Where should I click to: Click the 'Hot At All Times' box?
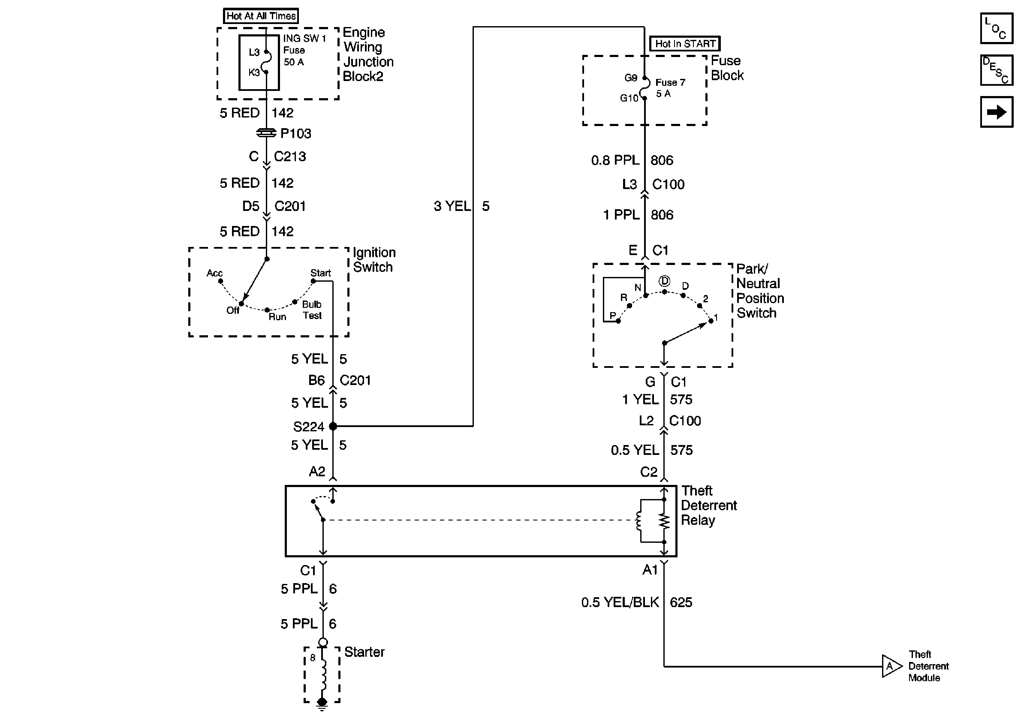261,16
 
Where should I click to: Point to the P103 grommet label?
295,134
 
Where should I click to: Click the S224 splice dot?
333,426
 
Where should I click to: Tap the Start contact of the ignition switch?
313,281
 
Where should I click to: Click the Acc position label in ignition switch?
214,273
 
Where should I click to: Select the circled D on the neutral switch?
664,281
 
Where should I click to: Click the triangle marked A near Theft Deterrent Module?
891,666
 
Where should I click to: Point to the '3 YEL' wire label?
452,206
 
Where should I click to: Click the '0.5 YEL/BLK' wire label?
620,602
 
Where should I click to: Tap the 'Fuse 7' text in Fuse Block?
670,82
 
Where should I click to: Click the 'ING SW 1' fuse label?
304,39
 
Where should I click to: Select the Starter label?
364,652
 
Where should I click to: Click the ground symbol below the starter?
322,705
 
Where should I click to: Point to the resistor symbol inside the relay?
664,521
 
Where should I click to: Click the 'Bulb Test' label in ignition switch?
312,310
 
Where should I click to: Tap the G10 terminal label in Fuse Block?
629,98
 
